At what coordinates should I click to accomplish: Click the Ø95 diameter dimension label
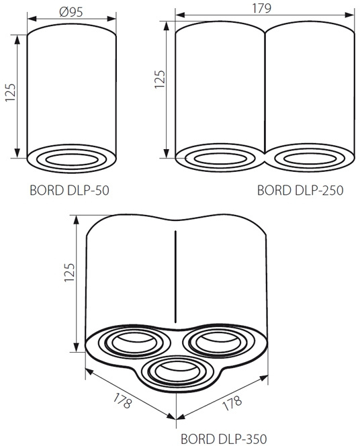click(71, 11)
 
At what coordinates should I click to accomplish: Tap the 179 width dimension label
click(262, 8)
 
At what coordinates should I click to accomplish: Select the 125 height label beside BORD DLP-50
click(10, 93)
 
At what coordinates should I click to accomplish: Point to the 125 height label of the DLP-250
click(160, 79)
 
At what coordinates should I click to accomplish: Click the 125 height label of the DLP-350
click(69, 272)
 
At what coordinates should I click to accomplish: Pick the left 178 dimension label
click(122, 400)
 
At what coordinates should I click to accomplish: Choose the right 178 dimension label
click(232, 402)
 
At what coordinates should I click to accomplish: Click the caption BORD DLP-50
click(69, 190)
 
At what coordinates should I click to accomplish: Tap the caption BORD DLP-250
click(300, 190)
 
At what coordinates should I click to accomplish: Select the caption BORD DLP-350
click(224, 439)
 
